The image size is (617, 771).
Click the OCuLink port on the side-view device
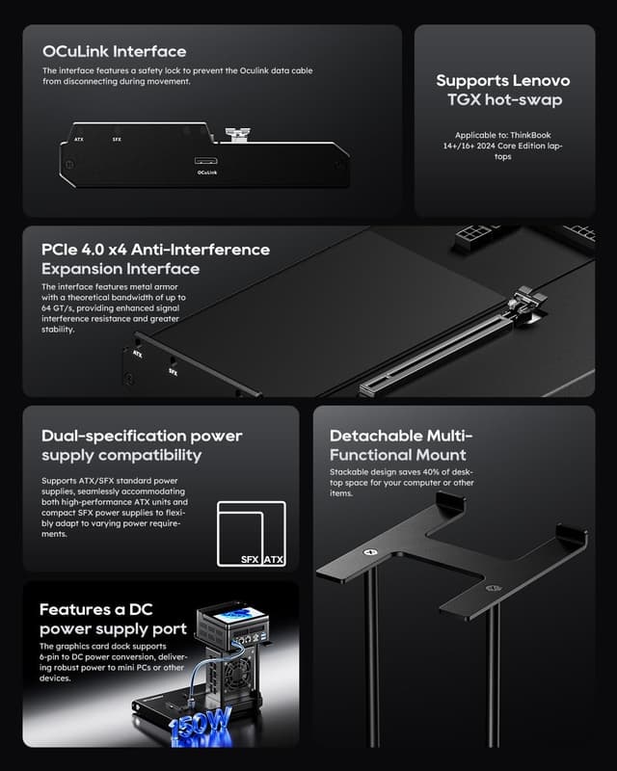pyautogui.click(x=205, y=160)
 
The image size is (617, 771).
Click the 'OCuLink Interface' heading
pyautogui.click(x=114, y=51)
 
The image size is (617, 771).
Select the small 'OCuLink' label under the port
pyautogui.click(x=206, y=173)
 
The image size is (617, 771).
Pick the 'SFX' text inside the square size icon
pyautogui.click(x=251, y=559)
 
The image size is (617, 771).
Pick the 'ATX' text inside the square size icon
pyautogui.click(x=273, y=559)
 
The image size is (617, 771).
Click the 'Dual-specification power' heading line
pyautogui.click(x=142, y=436)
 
